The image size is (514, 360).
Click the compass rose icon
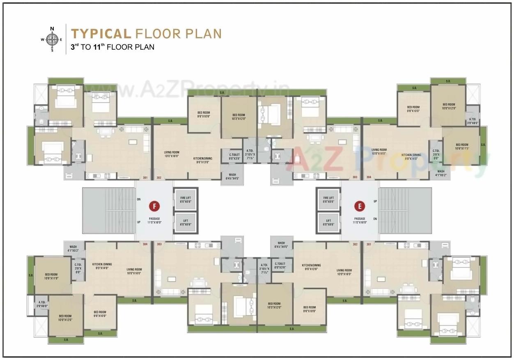(52, 39)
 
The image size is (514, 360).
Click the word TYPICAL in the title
(101, 33)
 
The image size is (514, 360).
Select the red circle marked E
(360, 206)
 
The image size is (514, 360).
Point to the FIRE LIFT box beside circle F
(186, 199)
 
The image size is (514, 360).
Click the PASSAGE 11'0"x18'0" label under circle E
(360, 221)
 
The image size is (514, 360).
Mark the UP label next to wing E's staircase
(375, 201)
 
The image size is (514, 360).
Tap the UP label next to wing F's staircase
(139, 222)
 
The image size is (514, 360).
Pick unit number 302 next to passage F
(158, 178)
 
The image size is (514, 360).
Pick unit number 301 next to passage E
(368, 244)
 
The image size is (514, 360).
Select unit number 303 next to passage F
(158, 244)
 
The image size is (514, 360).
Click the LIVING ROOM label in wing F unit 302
(172, 154)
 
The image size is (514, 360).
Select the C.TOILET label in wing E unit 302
(280, 265)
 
